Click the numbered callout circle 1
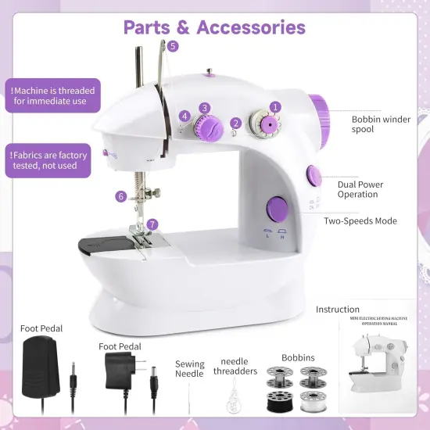tap(275, 106)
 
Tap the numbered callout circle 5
tap(173, 46)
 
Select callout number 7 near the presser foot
tap(152, 224)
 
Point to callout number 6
tap(121, 196)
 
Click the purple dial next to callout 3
tap(209, 124)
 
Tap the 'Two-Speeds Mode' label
tap(360, 221)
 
